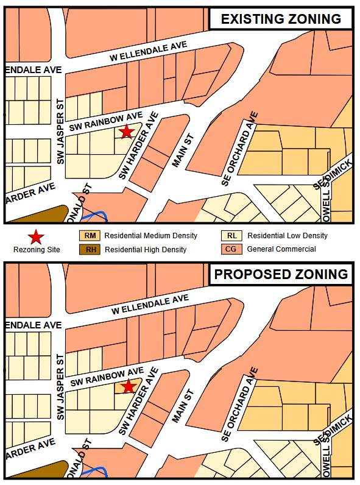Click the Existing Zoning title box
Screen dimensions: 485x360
[x=281, y=19]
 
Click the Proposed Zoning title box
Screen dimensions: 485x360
[x=281, y=274]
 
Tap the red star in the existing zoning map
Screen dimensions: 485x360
[x=126, y=132]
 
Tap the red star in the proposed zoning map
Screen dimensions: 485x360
[x=128, y=387]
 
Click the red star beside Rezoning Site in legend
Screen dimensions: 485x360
[x=37, y=236]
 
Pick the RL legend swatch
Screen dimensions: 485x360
[x=232, y=236]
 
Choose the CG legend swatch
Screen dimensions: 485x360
[x=232, y=249]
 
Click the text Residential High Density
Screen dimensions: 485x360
[x=146, y=249]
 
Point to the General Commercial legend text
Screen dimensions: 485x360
[x=281, y=249]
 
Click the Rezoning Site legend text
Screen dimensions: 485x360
[x=37, y=249]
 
